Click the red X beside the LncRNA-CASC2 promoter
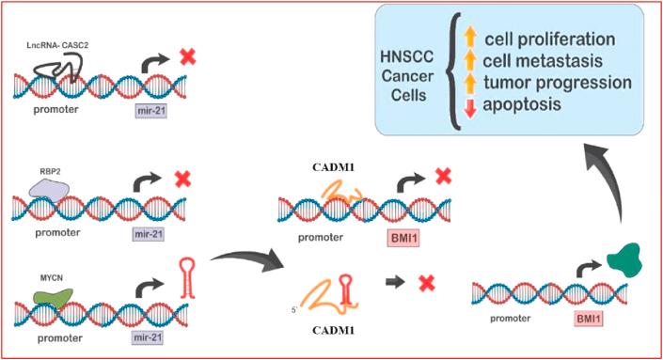click(x=187, y=57)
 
